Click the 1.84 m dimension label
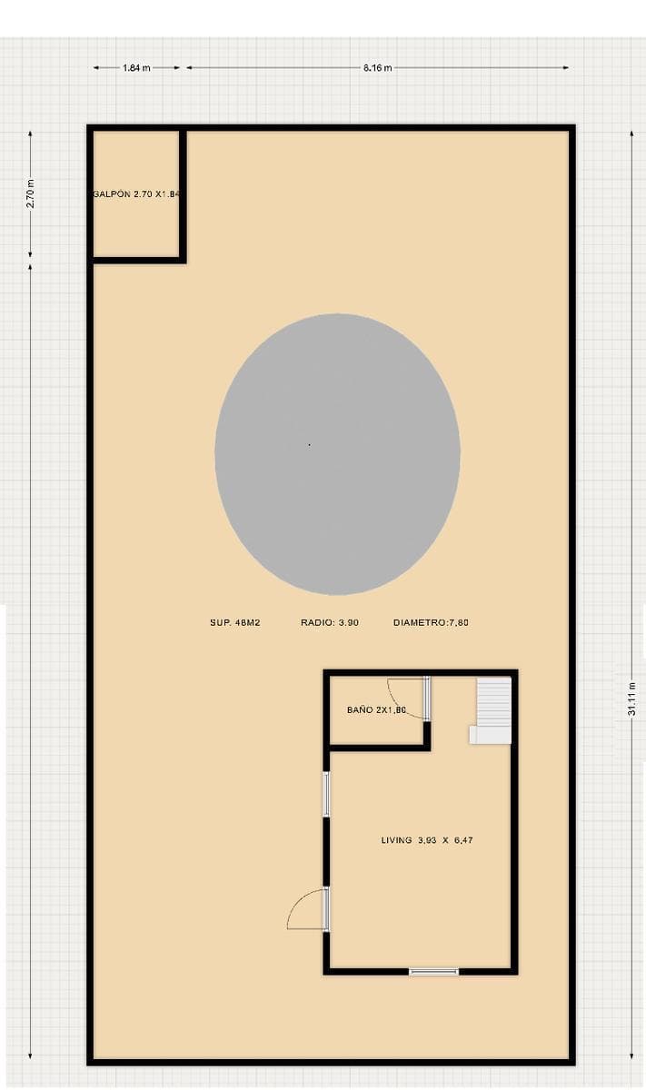click(136, 68)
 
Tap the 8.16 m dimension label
click(377, 68)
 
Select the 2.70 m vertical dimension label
click(31, 193)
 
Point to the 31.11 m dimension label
click(631, 699)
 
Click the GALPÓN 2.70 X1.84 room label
click(137, 193)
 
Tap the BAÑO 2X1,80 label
click(376, 710)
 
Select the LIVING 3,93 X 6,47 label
click(427, 840)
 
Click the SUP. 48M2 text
click(235, 622)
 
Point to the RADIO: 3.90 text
click(330, 622)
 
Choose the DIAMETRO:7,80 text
click(431, 622)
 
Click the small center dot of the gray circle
click(309, 445)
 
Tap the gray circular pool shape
click(337, 454)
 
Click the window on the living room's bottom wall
click(433, 972)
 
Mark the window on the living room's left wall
click(327, 794)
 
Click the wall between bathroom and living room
click(380, 748)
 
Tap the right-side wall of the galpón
click(183, 194)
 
